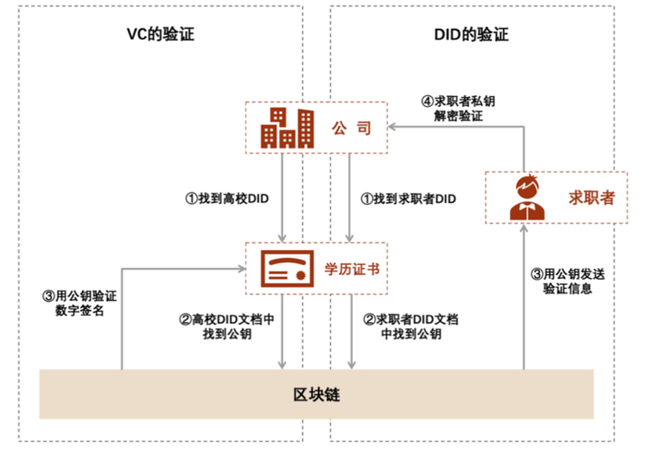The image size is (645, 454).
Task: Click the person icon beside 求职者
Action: pyautogui.click(x=528, y=197)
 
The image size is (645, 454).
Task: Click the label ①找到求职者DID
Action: pyautogui.click(x=409, y=197)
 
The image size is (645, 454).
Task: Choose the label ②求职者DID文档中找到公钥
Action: pyautogui.click(x=411, y=326)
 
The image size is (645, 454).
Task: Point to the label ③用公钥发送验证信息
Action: pyautogui.click(x=561, y=281)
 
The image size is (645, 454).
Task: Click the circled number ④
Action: pyautogui.click(x=427, y=101)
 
